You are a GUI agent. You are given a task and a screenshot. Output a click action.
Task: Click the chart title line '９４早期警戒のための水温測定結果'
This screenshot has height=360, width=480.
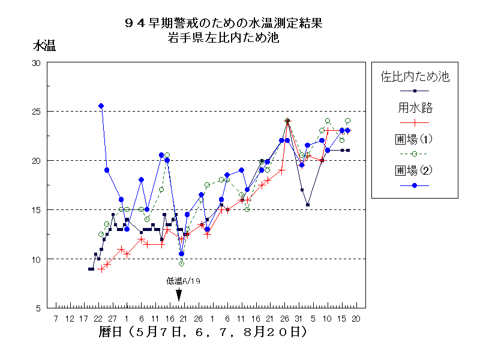point(223,23)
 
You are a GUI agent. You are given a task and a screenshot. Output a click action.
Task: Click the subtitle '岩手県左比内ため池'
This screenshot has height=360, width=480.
point(223,38)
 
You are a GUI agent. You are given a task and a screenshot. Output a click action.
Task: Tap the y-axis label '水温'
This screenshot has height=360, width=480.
point(44,46)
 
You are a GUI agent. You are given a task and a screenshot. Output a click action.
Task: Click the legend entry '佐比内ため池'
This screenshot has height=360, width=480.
point(415,76)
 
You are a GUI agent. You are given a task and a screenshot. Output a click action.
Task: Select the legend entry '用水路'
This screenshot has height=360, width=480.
point(415,108)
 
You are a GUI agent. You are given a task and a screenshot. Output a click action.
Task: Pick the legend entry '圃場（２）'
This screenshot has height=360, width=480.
point(415,170)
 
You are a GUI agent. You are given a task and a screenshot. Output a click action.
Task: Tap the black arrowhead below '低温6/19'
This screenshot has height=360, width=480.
point(179,295)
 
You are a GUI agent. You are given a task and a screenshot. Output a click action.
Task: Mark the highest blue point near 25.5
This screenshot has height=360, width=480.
point(101,106)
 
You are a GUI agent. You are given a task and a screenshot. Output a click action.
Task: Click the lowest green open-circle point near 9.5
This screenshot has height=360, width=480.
point(181,263)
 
